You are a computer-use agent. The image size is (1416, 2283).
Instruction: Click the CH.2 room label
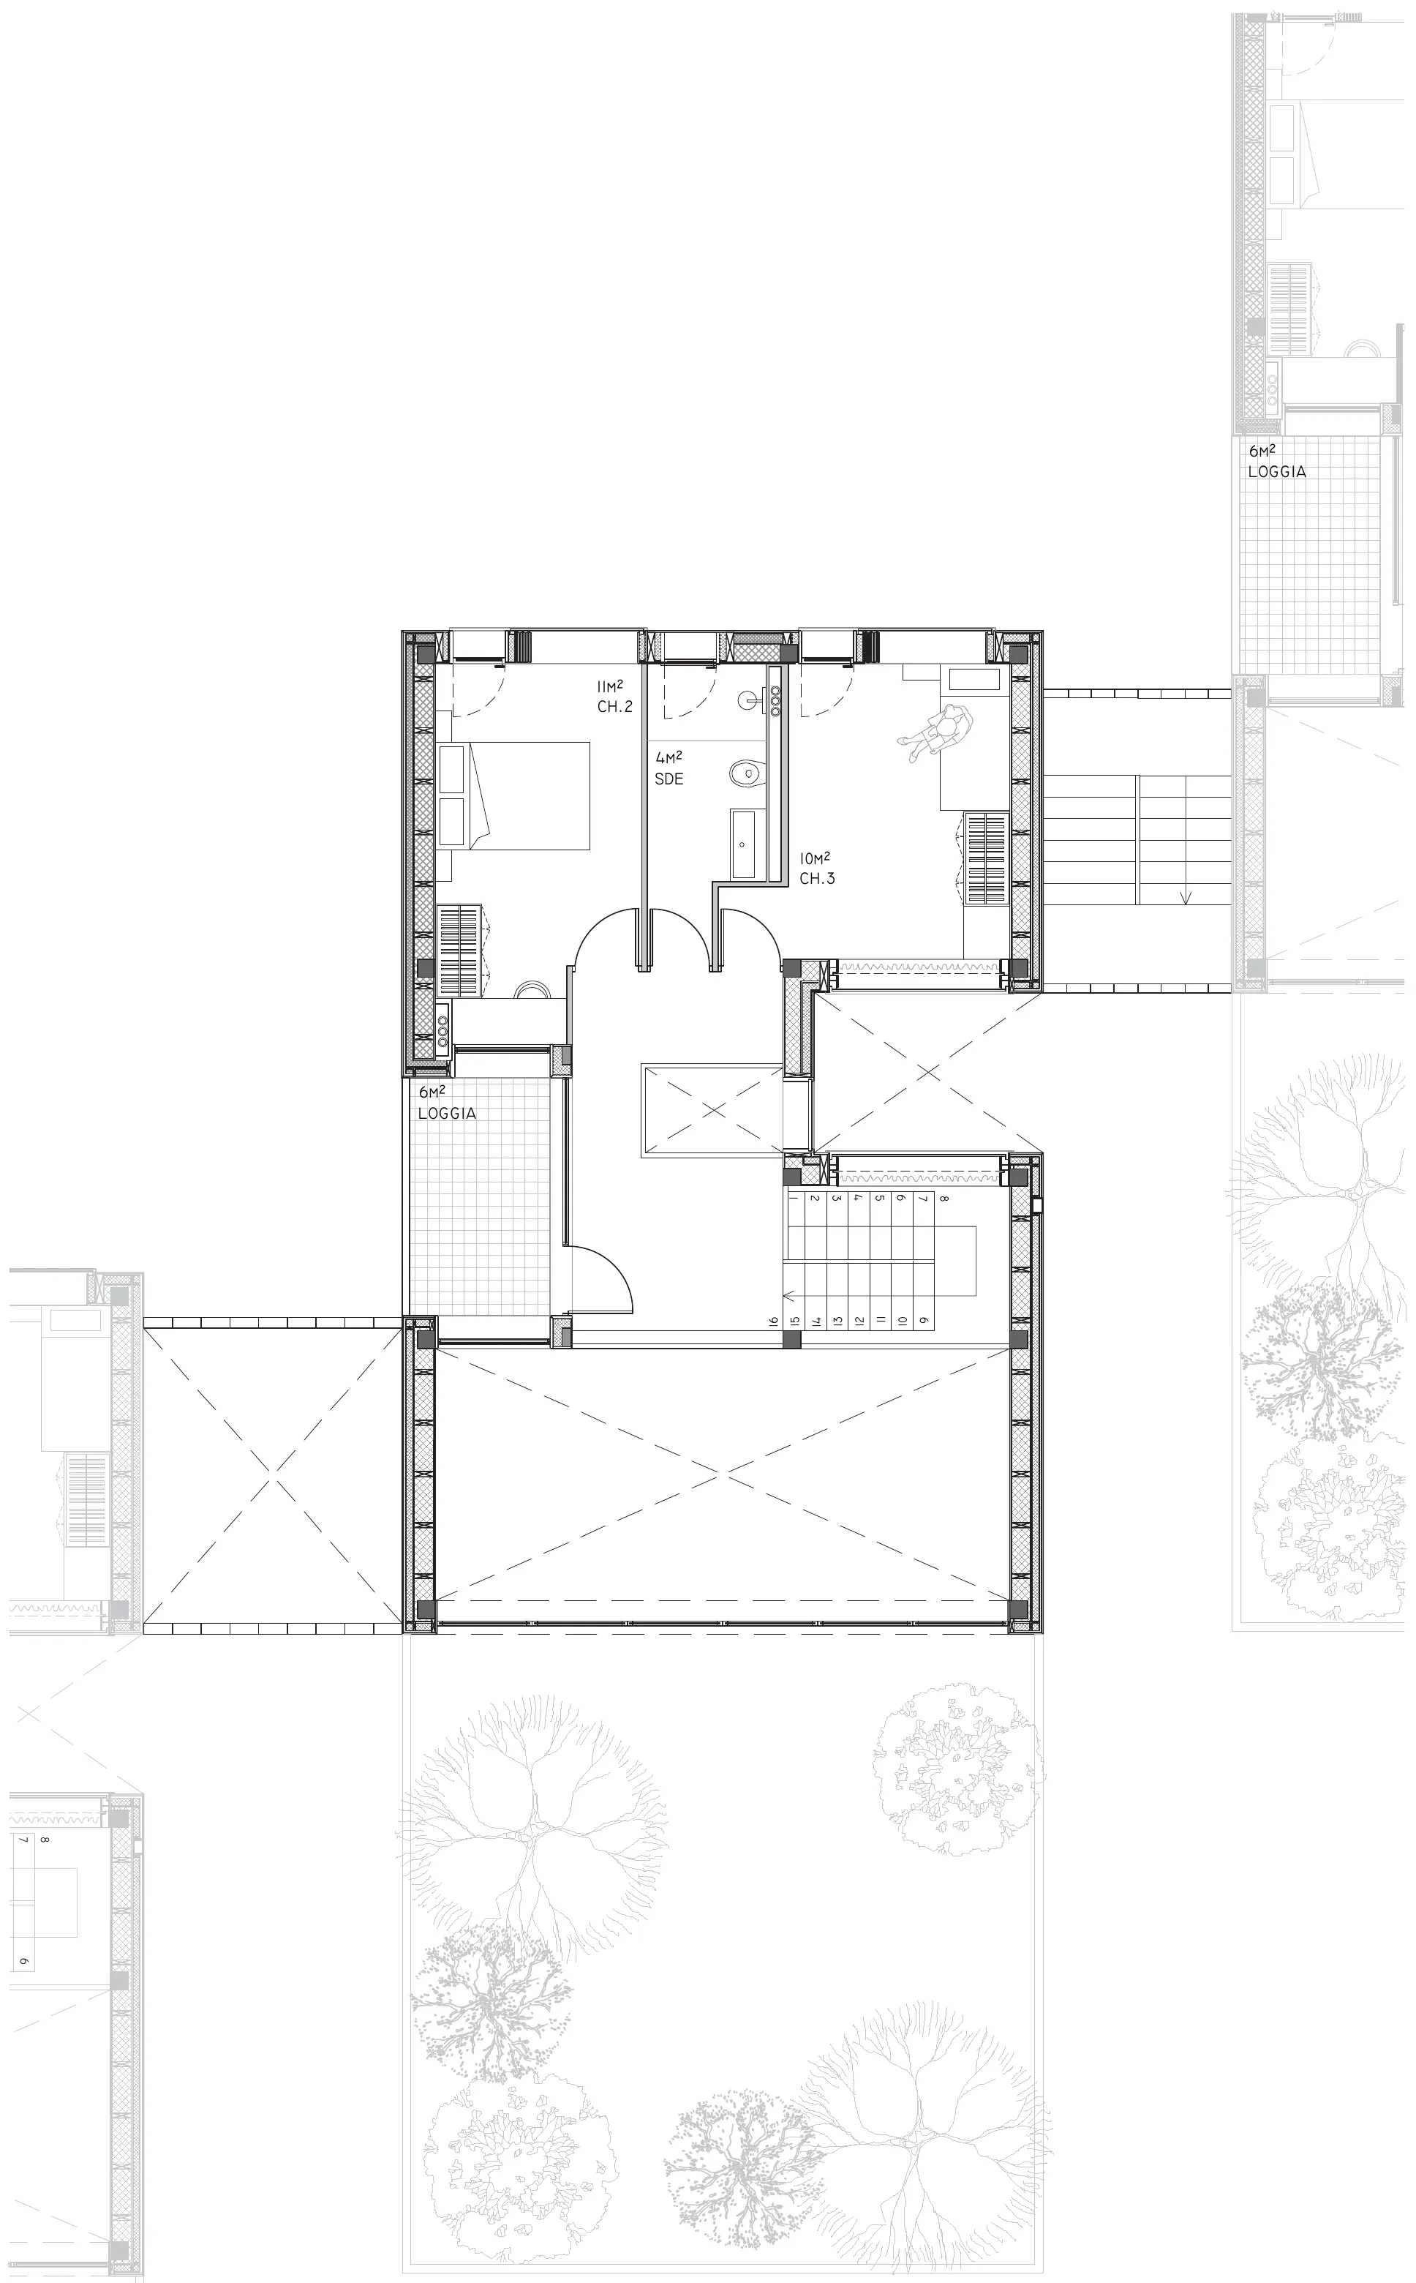[614, 706]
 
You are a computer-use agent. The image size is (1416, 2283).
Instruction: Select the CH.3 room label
[817, 879]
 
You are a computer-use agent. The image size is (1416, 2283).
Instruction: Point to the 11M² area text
[611, 686]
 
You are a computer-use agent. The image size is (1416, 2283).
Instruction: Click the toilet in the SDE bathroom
[746, 773]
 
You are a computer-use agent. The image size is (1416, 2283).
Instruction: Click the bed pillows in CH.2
[451, 795]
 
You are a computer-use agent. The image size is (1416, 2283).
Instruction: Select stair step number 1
[794, 1198]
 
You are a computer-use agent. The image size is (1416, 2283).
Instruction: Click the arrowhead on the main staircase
[788, 1297]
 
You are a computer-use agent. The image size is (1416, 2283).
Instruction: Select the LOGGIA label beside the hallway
[447, 1114]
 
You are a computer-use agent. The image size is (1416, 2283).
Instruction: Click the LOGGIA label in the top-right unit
[1276, 472]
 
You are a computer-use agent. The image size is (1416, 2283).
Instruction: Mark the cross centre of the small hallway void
[714, 1110]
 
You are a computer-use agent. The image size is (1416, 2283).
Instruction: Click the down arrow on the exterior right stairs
[1186, 895]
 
